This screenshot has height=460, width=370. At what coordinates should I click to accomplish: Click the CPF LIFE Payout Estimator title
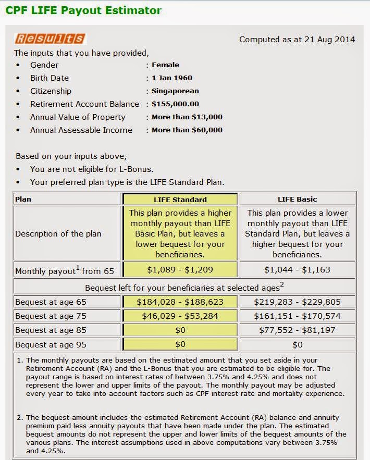(83, 10)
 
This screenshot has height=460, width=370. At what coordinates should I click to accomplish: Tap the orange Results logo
(50, 39)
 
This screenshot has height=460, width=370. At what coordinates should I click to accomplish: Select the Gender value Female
(165, 65)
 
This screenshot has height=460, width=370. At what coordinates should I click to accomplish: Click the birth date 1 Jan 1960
(172, 78)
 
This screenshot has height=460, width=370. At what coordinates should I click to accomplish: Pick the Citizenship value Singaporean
(175, 91)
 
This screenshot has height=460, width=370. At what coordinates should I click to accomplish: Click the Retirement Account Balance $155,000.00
(175, 104)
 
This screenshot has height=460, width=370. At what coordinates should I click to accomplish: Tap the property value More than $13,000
(187, 117)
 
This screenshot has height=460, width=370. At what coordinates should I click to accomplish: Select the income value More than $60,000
(187, 130)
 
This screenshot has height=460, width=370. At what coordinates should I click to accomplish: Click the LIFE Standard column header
(180, 200)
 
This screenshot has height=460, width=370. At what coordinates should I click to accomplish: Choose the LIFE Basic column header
(297, 200)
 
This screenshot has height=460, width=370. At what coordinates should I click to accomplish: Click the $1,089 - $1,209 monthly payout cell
(180, 270)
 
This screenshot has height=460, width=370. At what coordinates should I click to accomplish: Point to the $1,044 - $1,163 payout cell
(297, 270)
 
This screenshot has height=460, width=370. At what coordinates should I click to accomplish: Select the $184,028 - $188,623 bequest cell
(180, 302)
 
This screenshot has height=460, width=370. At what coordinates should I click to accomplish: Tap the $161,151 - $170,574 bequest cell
(297, 316)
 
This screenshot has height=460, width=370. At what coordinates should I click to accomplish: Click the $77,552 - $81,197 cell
(297, 330)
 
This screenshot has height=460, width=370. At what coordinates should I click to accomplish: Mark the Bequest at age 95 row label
(51, 344)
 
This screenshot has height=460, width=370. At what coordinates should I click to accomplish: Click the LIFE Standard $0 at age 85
(180, 330)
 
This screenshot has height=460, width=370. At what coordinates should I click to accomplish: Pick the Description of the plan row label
(58, 234)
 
